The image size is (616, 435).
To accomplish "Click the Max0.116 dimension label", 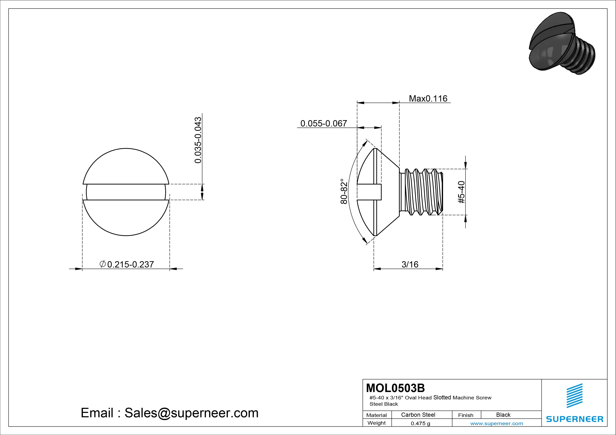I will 428,99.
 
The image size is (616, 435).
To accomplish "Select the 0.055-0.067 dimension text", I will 324,123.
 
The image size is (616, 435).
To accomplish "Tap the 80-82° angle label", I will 344,191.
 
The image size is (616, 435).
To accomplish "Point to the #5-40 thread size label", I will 461,192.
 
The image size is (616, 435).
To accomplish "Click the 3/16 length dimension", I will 410,265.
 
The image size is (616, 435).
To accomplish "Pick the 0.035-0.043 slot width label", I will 198,140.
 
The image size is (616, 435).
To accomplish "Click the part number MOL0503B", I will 395,388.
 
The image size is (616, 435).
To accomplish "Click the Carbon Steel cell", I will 418,415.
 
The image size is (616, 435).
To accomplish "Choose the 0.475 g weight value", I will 420,423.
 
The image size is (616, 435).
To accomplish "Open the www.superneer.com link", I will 497,423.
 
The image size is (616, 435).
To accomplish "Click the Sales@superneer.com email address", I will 191,413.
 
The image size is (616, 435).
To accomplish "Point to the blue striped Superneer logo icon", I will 574,396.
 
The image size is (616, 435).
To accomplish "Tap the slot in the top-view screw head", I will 126,192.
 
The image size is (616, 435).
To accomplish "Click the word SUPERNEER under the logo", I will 574,419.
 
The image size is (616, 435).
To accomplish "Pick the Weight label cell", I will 376,423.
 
